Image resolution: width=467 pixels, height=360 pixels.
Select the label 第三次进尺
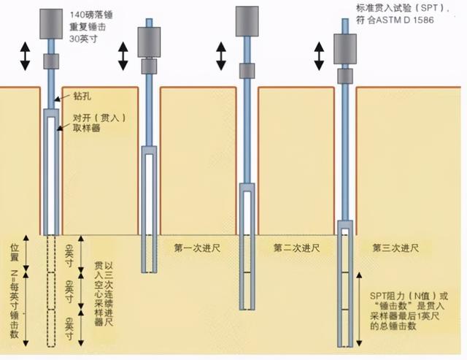tap(395, 248)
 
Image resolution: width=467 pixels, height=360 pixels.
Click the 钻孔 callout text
tap(82, 96)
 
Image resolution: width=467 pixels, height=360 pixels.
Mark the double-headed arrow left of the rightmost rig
tap(319, 56)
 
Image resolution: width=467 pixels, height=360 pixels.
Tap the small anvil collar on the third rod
tap(248, 73)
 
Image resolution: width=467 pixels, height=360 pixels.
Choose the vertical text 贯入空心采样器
tap(100, 285)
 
